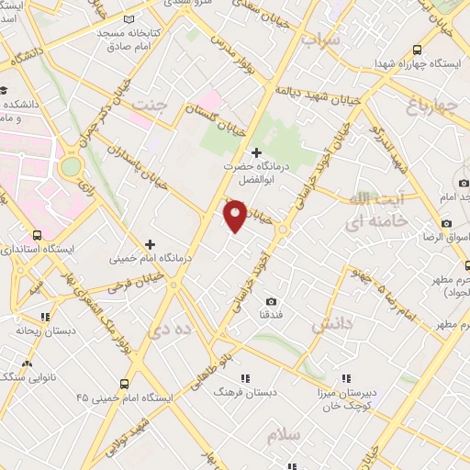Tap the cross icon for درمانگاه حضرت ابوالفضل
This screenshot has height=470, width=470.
(255, 151)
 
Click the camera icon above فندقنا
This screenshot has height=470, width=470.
(271, 301)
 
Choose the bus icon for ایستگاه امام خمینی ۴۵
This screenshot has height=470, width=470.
(124, 383)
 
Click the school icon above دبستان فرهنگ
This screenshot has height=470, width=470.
(244, 377)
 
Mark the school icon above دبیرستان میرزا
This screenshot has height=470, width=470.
(346, 377)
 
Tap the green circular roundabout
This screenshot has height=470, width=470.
(71, 167)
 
